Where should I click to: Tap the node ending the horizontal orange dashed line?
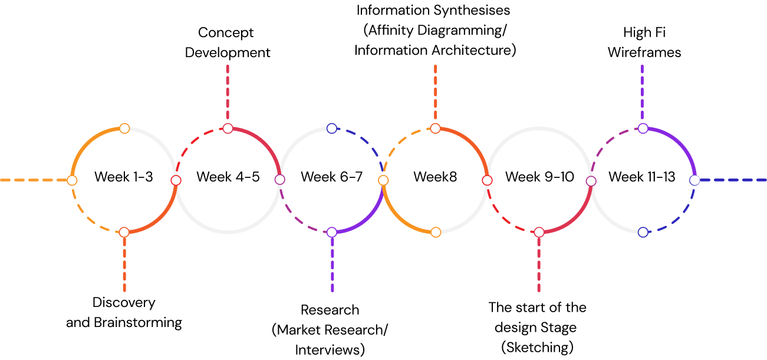point(72,180)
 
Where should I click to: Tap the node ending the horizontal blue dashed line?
point(695,180)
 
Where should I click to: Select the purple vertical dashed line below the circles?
point(333,265)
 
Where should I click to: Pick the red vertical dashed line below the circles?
point(539,265)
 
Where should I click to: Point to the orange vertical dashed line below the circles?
point(124,265)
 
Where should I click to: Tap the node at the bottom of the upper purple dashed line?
point(643,128)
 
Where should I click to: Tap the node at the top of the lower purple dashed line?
point(332,232)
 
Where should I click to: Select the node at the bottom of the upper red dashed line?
point(228,128)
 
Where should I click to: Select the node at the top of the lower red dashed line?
point(539,232)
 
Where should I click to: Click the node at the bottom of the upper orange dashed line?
point(435,128)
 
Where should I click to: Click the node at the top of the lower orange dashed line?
point(124,232)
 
